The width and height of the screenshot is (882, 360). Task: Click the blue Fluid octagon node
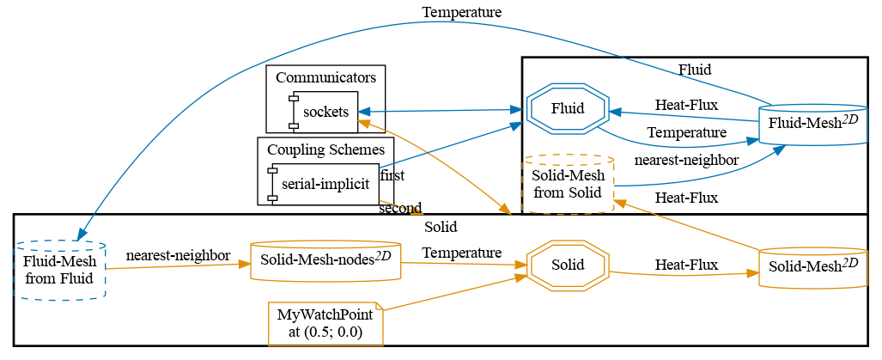pyautogui.click(x=567, y=109)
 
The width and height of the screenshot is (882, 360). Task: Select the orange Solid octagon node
pyautogui.click(x=567, y=264)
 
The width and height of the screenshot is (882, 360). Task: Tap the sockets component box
pyautogui.click(x=325, y=112)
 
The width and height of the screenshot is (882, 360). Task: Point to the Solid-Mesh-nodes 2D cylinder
pyautogui.click(x=325, y=260)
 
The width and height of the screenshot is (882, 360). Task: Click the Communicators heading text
pyautogui.click(x=325, y=77)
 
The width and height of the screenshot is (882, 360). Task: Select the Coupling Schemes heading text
pyautogui.click(x=325, y=149)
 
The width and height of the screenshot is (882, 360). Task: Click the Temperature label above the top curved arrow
pyautogui.click(x=462, y=12)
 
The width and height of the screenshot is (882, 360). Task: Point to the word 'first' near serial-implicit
pyautogui.click(x=392, y=175)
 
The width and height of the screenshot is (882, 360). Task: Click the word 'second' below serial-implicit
pyautogui.click(x=400, y=208)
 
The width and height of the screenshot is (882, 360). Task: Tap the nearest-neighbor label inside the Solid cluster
pyautogui.click(x=178, y=255)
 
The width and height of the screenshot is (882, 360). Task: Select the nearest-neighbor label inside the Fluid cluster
pyautogui.click(x=685, y=160)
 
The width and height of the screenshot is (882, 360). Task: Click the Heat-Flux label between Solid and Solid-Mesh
pyautogui.click(x=686, y=264)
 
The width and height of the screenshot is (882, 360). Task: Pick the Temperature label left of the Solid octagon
pyautogui.click(x=462, y=253)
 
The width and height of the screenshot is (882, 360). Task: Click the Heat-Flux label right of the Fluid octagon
pyautogui.click(x=686, y=105)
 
